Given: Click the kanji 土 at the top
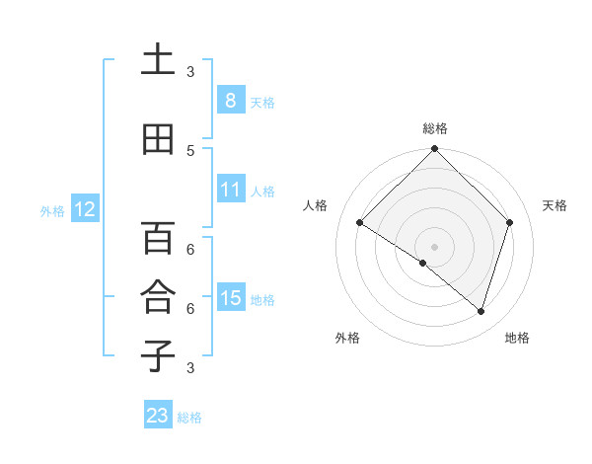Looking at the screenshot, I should (158, 61).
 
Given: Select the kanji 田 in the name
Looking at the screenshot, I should (158, 140).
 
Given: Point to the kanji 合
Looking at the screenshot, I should (158, 297).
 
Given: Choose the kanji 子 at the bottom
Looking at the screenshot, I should (158, 355).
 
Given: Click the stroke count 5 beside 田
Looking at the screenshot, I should (190, 150).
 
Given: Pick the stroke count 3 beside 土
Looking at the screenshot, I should (190, 72).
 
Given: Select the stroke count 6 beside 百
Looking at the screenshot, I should (190, 249).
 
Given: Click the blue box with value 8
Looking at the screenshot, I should (230, 101).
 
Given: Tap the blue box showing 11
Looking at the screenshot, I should (230, 190).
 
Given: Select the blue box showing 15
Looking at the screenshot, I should (230, 298).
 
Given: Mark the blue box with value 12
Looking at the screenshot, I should (85, 209).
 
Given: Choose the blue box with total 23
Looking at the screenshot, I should (158, 416).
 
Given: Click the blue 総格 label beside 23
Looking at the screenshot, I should (189, 418).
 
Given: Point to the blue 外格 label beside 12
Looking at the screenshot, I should (52, 210).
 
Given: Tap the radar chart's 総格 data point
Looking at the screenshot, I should (434, 149).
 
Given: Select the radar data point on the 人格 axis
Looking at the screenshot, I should (360, 223).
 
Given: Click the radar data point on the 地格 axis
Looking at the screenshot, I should (481, 311).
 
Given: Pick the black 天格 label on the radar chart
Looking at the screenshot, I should (555, 205).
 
